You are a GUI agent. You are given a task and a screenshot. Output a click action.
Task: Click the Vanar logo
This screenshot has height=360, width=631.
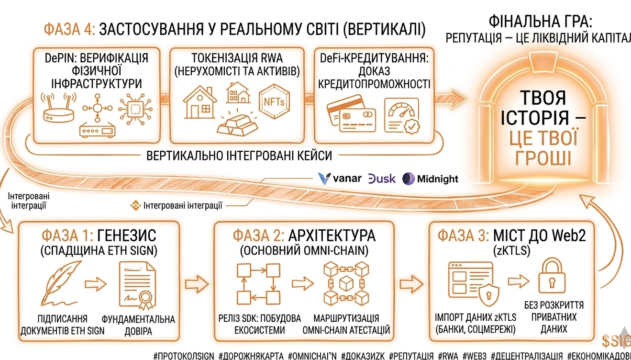(340, 179)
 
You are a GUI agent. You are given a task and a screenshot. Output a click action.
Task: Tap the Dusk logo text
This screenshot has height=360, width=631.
(382, 179)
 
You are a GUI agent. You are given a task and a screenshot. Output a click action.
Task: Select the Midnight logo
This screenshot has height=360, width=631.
(430, 179)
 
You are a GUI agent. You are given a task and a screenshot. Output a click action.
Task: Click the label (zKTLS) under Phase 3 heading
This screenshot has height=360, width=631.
(512, 251)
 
